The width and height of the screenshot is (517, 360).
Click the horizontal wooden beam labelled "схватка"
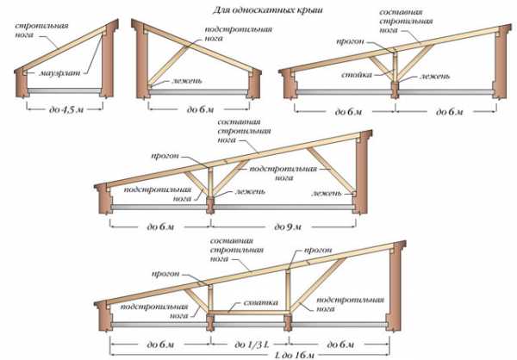click(250, 309)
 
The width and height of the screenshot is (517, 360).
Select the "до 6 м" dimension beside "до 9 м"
click(160, 226)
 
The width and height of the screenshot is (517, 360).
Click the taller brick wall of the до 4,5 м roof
click(108, 65)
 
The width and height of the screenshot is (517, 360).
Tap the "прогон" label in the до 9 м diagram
click(166, 156)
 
